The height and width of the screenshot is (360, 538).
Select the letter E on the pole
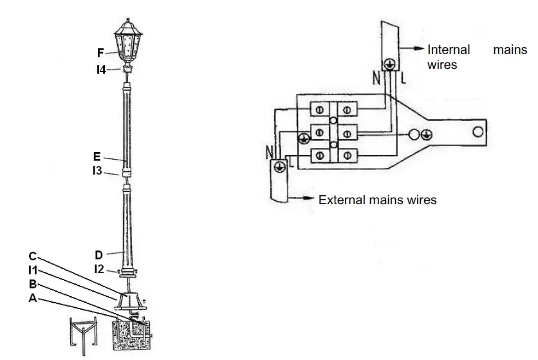(x=96, y=156)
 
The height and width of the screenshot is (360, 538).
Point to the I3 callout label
(x=97, y=171)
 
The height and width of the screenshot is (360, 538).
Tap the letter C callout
(x=32, y=256)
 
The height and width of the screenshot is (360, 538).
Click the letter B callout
(x=32, y=284)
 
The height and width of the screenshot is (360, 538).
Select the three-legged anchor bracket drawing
(x=83, y=334)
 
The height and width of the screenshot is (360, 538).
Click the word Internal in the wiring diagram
(x=449, y=50)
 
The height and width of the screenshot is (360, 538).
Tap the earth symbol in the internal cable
(x=389, y=63)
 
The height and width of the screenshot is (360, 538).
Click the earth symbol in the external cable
(x=279, y=166)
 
